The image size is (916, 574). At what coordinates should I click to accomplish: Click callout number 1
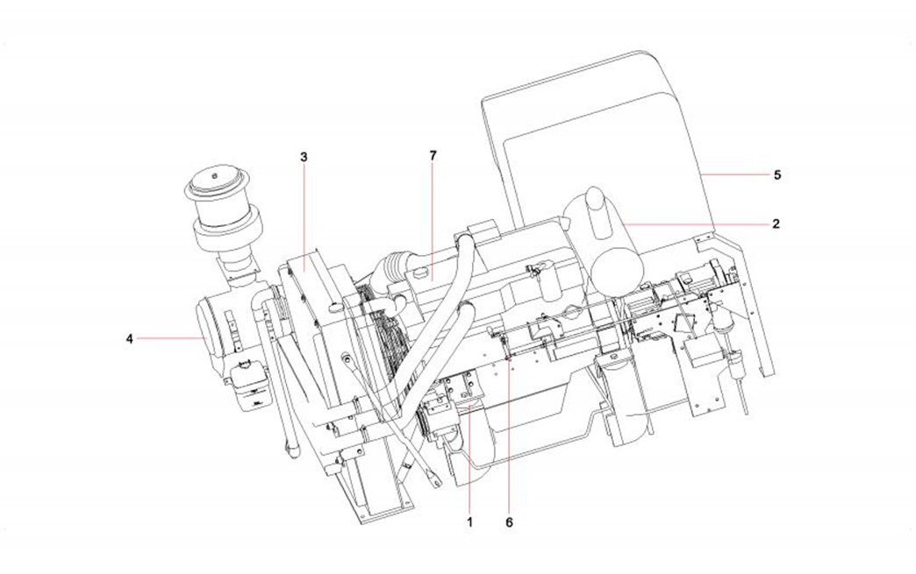coord(469,522)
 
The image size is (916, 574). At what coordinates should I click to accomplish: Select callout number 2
coord(776,223)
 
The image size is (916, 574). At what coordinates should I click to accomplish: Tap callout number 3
coord(304,157)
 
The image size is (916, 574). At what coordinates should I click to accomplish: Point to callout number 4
coord(130,338)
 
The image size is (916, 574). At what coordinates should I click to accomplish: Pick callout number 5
coord(777,174)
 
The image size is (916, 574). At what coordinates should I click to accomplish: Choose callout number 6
coord(510,522)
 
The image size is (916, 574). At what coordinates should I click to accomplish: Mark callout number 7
coord(433,156)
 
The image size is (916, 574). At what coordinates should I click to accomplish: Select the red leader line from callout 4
coord(171,338)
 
